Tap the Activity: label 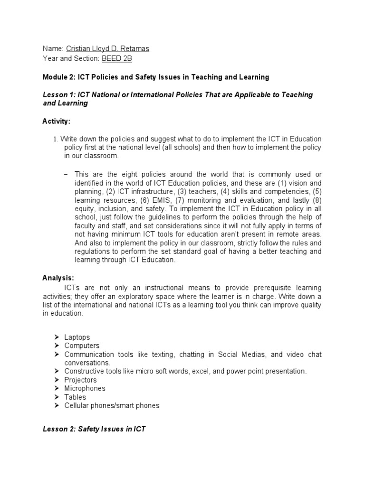(56, 121)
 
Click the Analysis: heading (58, 278)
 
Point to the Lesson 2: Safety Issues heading (94, 429)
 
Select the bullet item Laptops (77, 337)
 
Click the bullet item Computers (82, 346)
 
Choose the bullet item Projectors (80, 380)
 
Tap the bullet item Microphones (85, 388)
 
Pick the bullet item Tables (75, 397)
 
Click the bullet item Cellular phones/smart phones (112, 405)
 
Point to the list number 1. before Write (55, 139)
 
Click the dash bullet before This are (66, 175)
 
